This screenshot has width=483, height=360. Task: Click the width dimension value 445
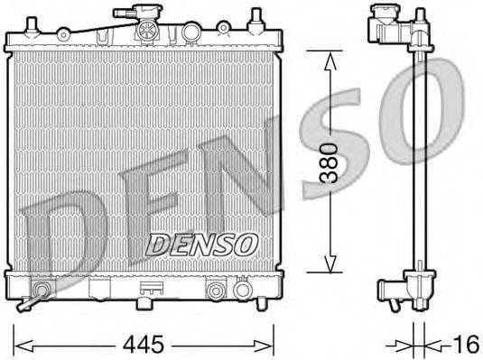point(145,343)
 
